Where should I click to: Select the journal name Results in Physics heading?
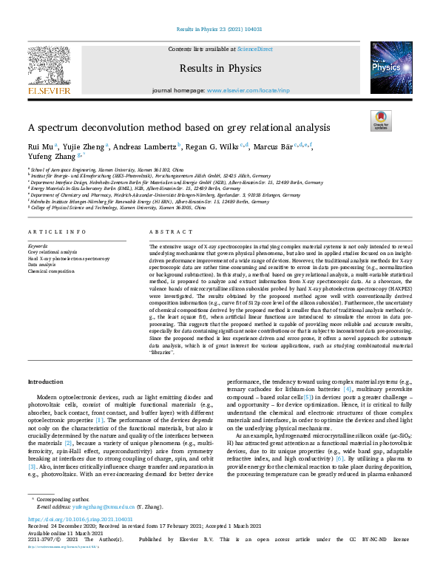[220, 69]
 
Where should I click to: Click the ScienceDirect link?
[254, 48]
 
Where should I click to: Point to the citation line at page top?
[220, 29]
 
